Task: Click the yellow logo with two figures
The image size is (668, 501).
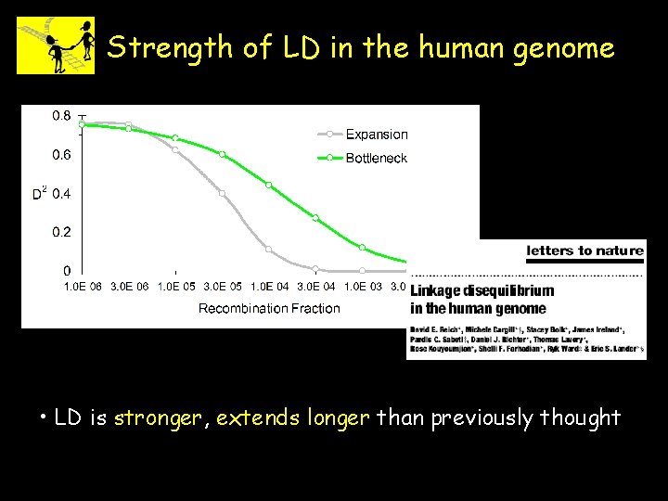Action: click(56, 45)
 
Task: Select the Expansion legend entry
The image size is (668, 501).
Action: click(376, 135)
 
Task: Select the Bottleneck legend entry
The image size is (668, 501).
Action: click(376, 159)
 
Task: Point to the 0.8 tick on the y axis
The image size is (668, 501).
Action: click(60, 116)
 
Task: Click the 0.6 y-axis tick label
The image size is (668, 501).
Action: click(60, 155)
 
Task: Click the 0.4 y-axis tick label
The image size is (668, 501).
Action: click(60, 194)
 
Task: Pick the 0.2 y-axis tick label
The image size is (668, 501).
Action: click(60, 232)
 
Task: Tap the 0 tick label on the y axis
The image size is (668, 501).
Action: click(67, 271)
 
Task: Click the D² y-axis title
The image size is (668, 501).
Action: click(40, 194)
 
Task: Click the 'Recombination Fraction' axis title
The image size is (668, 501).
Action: click(269, 308)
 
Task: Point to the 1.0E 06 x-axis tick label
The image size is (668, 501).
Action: click(83, 287)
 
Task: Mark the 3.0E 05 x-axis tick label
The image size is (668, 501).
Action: click(222, 287)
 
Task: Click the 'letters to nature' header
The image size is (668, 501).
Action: click(584, 250)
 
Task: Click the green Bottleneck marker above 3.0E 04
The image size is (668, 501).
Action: click(315, 218)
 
